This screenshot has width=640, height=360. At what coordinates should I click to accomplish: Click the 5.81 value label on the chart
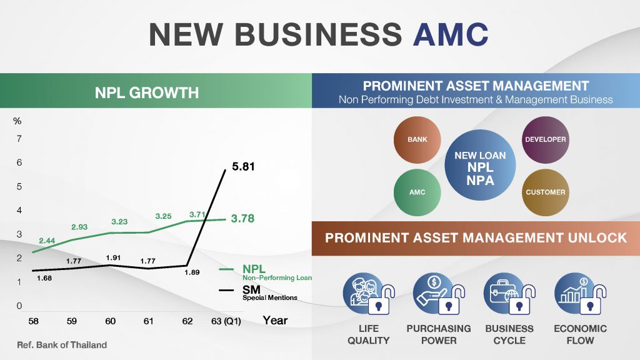pyautogui.click(x=243, y=166)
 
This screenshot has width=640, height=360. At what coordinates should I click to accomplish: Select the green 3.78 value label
pyautogui.click(x=242, y=218)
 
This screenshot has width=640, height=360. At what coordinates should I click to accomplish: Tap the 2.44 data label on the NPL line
pyautogui.click(x=47, y=241)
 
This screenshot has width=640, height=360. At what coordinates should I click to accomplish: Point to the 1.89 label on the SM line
pyautogui.click(x=192, y=272)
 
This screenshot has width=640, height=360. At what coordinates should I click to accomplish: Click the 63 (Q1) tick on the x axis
pyautogui.click(x=226, y=321)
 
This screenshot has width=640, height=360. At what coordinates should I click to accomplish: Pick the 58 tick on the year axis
pyautogui.click(x=34, y=321)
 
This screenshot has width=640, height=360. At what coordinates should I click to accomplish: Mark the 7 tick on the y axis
pyautogui.click(x=19, y=139)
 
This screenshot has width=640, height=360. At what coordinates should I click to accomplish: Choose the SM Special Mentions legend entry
pyautogui.click(x=258, y=292)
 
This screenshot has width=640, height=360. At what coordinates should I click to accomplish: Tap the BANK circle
pyautogui.click(x=417, y=139)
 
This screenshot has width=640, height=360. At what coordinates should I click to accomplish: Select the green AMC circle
pyautogui.click(x=417, y=192)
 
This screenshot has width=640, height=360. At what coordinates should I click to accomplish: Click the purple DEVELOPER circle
pyautogui.click(x=545, y=139)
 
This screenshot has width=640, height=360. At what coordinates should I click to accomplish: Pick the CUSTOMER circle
pyautogui.click(x=545, y=192)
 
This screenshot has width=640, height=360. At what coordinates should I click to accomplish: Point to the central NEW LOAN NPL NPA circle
pyautogui.click(x=480, y=165)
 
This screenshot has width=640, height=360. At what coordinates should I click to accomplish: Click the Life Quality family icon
pyautogui.click(x=369, y=294)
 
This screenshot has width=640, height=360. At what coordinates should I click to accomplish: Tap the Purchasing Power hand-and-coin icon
pyautogui.click(x=439, y=294)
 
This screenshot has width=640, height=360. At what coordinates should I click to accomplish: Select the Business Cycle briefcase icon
pyautogui.click(x=509, y=294)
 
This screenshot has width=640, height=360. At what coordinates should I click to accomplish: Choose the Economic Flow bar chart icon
pyautogui.click(x=580, y=294)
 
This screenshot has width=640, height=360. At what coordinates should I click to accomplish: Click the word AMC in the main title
pyautogui.click(x=451, y=34)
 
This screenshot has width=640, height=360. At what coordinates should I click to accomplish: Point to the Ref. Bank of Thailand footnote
pyautogui.click(x=62, y=345)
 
